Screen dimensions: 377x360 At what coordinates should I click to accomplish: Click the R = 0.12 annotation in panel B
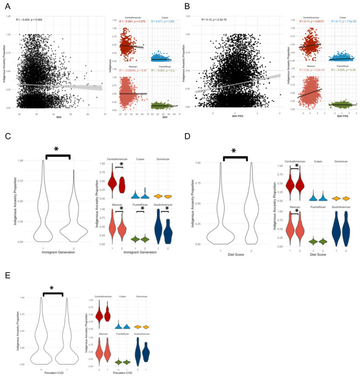213,19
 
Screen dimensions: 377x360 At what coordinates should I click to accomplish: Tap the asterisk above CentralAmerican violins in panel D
296,166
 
